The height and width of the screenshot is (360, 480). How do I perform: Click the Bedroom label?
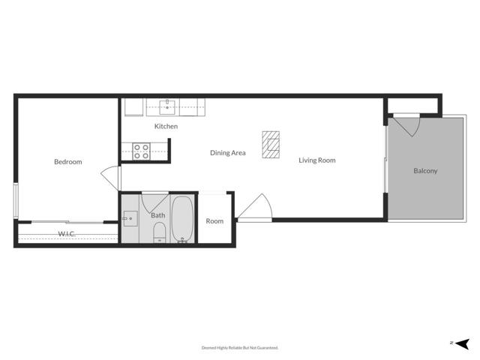click(x=67, y=162)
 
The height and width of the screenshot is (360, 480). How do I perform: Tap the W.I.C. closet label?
click(x=67, y=234)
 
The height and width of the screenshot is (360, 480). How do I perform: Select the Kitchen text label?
click(x=166, y=127)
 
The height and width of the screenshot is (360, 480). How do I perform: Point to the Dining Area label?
click(x=228, y=153)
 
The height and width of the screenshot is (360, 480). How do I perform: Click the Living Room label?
click(x=316, y=160)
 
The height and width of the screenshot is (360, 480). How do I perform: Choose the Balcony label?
click(x=425, y=171)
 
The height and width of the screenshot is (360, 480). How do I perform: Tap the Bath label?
click(x=158, y=216)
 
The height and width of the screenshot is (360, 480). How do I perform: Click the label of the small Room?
click(x=214, y=221)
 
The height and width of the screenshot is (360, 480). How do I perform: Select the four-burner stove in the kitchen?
click(x=142, y=151)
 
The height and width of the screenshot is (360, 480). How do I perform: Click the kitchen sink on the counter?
click(x=166, y=106)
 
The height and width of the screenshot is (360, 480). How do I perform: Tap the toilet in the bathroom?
click(x=158, y=237)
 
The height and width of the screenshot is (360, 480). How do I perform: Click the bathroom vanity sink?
click(x=130, y=218)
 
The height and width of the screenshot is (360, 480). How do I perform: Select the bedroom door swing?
click(x=111, y=178)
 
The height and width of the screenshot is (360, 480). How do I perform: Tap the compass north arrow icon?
click(x=463, y=343)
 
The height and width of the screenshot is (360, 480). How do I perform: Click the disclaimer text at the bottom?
click(x=240, y=348)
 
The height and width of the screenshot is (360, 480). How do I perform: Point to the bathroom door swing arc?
click(x=154, y=201)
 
